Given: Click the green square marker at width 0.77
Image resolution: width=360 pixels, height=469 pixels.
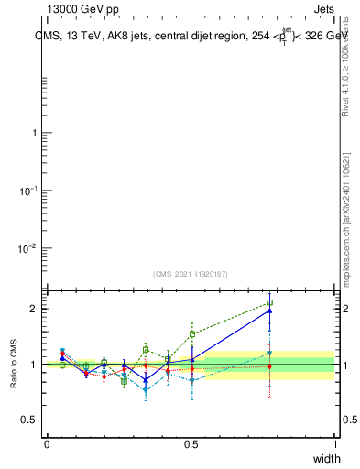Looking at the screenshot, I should pyautogui.click(x=270, y=302).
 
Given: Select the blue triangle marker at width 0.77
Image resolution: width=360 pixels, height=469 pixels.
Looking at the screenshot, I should pyautogui.click(x=270, y=311).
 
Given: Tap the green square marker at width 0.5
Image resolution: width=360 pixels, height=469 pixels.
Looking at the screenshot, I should pyautogui.click(x=192, y=333).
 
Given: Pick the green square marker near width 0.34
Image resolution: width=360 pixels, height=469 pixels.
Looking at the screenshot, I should pyautogui.click(x=146, y=349).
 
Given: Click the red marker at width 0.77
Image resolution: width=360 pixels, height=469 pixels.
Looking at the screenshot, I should pyautogui.click(x=270, y=366).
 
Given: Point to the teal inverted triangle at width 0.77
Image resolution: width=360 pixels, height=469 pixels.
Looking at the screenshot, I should pyautogui.click(x=270, y=353).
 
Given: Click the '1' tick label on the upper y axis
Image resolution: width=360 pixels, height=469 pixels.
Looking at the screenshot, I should pyautogui.click(x=35, y=133).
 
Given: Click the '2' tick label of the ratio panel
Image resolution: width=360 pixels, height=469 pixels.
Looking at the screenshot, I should pyautogui.click(x=35, y=309).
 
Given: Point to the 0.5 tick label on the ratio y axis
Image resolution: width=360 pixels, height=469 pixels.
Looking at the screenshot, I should pyautogui.click(x=30, y=420).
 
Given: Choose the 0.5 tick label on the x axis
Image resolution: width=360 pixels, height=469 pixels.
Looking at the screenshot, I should pyautogui.click(x=191, y=444).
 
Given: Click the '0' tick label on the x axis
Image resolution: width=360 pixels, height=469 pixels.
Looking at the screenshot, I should pyautogui.click(x=47, y=444).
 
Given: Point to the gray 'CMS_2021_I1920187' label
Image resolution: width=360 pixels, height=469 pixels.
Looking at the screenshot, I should pyautogui.click(x=191, y=274).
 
